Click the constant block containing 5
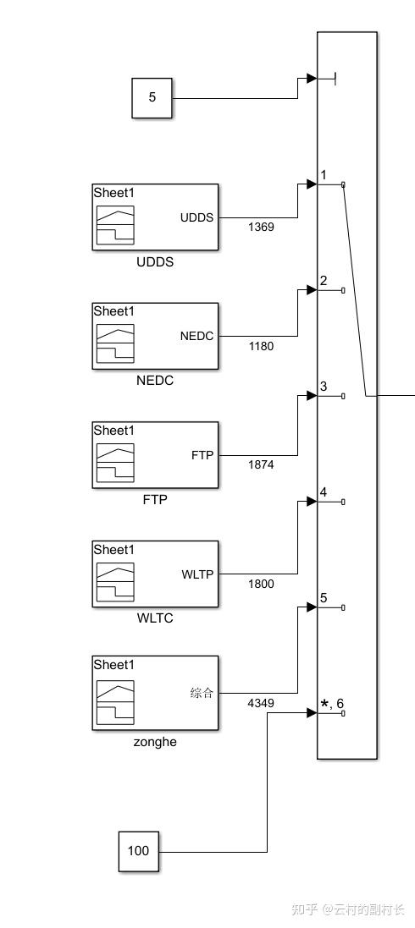[152, 97]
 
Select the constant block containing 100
[138, 850]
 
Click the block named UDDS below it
[155, 217]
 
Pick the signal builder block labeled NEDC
[155, 335]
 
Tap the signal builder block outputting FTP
[155, 454]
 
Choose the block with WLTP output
[155, 573]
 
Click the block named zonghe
[155, 692]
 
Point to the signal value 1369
[261, 227]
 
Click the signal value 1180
[261, 345]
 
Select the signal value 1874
[261, 464]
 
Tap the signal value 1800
[261, 583]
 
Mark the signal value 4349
[261, 702]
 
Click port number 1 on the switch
[324, 175]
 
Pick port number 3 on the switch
[324, 387]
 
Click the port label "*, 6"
[332, 704]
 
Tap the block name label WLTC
[155, 618]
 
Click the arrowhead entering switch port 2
[312, 290]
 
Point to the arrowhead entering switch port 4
[312, 502]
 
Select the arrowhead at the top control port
[312, 79]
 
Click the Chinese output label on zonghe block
[202, 693]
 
